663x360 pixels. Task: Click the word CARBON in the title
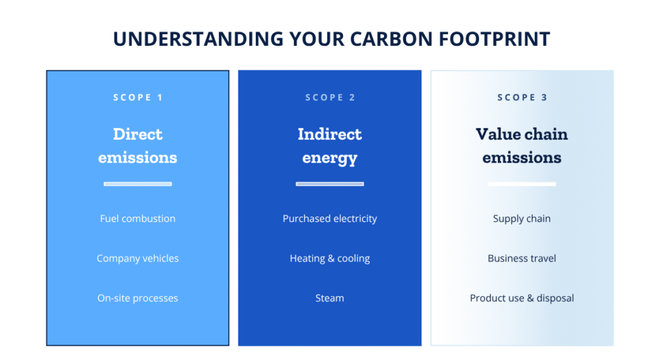pos(392,39)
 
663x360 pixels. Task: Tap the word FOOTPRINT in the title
pos(495,39)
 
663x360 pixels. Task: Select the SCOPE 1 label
pos(138,97)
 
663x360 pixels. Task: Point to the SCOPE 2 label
pos(330,97)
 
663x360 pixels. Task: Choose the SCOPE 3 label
pos(523,97)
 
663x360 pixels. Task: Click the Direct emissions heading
pos(138,146)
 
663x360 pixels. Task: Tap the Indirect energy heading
pos(330,146)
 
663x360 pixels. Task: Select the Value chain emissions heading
pos(522,146)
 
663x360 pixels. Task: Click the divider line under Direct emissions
pos(138,184)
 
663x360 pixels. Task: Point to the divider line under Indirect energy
pos(330,184)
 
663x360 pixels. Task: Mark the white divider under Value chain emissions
pos(522,184)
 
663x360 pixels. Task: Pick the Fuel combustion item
pos(138,219)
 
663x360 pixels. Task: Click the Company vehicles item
pos(138,258)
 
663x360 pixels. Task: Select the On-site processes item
pos(138,298)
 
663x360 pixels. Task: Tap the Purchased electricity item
pos(330,219)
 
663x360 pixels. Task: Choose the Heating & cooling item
pos(330,258)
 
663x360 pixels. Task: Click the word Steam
pos(330,298)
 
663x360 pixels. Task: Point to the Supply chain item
pos(522,219)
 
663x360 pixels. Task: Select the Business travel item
pos(522,258)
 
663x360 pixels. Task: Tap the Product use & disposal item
pos(522,298)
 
